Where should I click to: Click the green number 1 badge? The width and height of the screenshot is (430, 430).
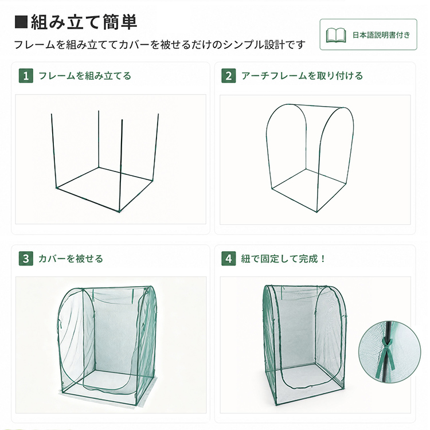tap(26, 76)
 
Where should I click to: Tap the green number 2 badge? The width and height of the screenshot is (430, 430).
tap(228, 76)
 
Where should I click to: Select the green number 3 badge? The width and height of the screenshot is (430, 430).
tap(26, 259)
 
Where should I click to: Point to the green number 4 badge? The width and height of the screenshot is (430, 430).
tap(228, 259)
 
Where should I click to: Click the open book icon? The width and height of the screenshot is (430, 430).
tap(335, 35)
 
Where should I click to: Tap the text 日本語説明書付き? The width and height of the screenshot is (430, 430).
tap(381, 35)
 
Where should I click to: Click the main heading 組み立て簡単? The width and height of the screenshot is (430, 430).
tap(84, 22)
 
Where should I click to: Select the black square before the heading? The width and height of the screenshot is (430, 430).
tap(21, 22)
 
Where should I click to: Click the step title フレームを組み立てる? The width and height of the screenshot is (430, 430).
tap(85, 76)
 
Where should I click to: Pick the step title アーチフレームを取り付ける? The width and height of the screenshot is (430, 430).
tap(302, 76)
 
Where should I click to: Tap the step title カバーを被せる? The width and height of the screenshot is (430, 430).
tap(71, 259)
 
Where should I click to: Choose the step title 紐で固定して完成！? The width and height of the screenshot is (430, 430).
tap(283, 259)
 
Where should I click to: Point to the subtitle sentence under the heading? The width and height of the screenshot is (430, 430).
tap(159, 45)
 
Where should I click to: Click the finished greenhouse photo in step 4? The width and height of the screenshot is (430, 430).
tap(303, 346)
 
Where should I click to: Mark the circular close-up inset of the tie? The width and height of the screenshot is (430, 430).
tap(389, 352)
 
